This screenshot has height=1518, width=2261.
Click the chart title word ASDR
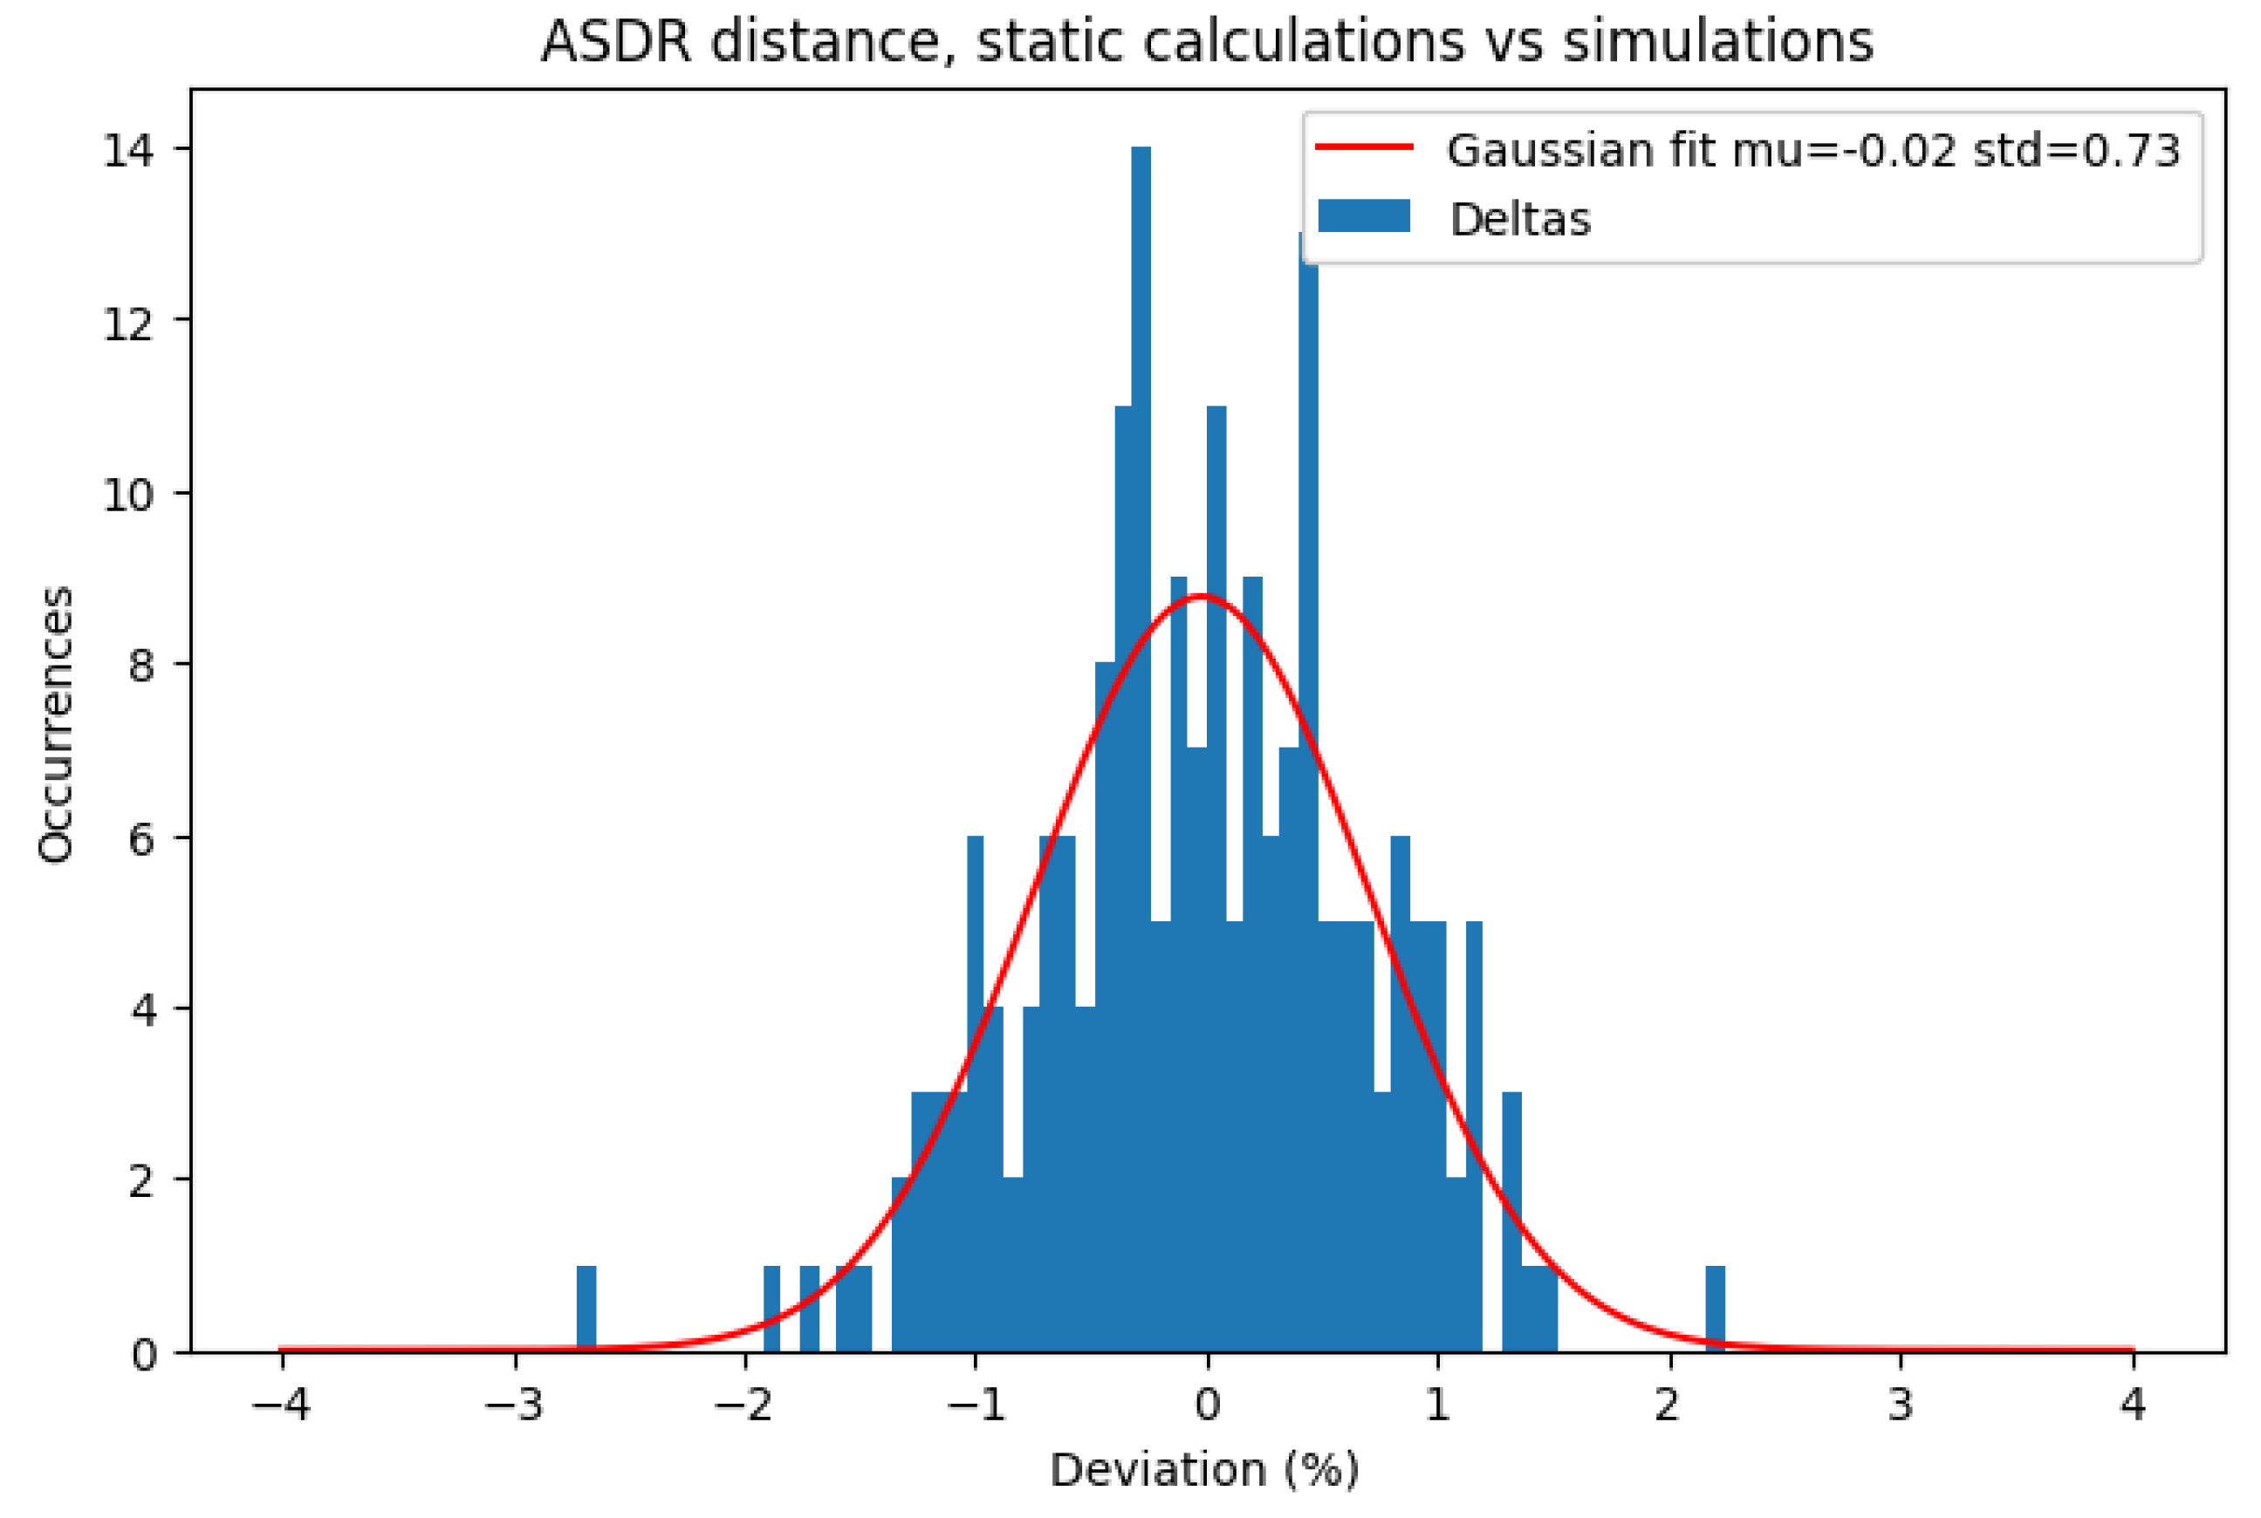pyautogui.click(x=615, y=43)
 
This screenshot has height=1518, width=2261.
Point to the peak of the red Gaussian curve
pyautogui.click(x=1202, y=597)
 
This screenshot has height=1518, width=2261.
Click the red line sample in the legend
pyautogui.click(x=1363, y=147)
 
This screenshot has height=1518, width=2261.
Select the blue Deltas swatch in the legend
pyautogui.click(x=1363, y=215)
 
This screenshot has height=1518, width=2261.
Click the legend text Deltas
pyautogui.click(x=1519, y=220)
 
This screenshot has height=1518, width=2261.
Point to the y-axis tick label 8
pyautogui.click(x=141, y=666)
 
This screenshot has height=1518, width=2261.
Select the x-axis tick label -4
pyautogui.click(x=281, y=1405)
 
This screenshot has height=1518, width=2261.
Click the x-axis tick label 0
pyautogui.click(x=1207, y=1405)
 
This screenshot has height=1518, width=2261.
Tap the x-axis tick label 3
pyautogui.click(x=1900, y=1405)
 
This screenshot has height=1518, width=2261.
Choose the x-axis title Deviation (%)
pyautogui.click(x=1204, y=1471)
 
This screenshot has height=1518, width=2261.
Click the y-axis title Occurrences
pyautogui.click(x=55, y=724)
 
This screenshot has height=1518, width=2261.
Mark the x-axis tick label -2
pyautogui.click(x=743, y=1405)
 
